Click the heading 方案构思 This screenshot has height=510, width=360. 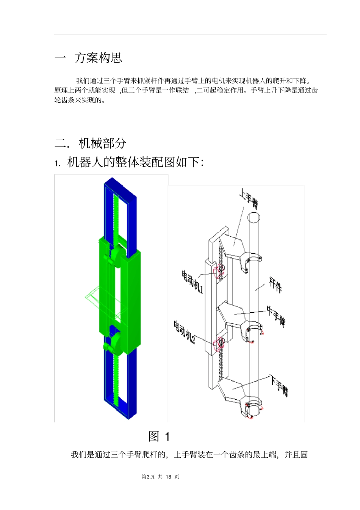(x=98, y=58)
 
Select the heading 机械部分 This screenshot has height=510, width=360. (x=102, y=143)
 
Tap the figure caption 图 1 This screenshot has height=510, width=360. (x=159, y=436)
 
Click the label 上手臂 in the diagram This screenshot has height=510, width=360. (x=249, y=199)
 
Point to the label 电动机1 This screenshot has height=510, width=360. (x=192, y=281)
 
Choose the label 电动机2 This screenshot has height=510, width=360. (x=185, y=332)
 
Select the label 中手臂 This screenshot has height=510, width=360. (x=276, y=317)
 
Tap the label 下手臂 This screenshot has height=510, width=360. (x=280, y=386)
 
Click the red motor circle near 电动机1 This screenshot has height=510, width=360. (x=219, y=271)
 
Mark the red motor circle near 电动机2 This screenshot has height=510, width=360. (x=218, y=344)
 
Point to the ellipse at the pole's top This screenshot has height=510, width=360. (x=254, y=217)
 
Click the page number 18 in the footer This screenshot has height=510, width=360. (x=169, y=477)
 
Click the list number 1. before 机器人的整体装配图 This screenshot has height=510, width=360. (x=57, y=163)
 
